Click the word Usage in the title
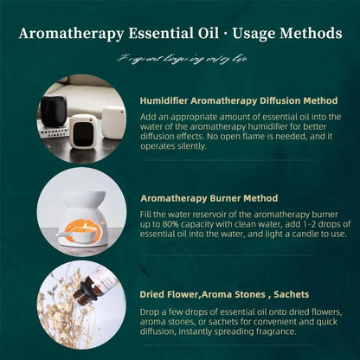252,34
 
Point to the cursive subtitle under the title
179,59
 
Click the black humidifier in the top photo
53,112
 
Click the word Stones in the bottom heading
242,294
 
